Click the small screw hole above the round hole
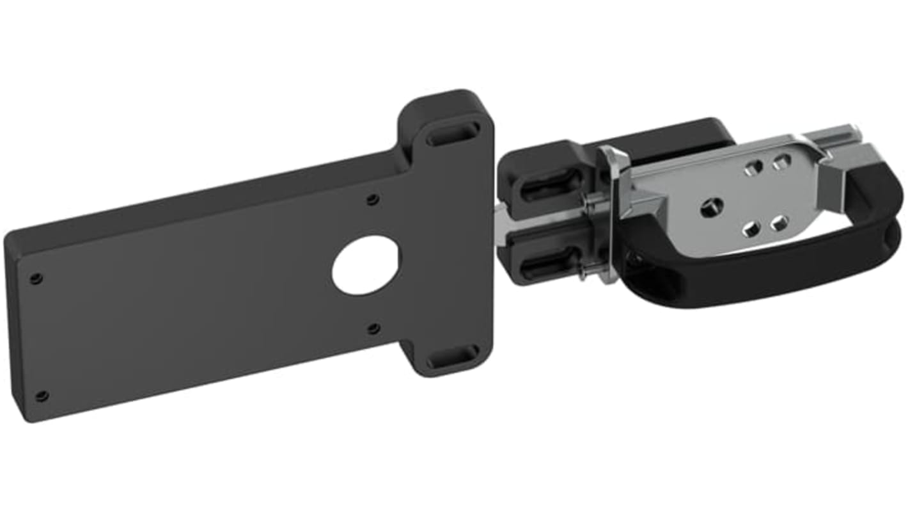pyautogui.click(x=373, y=199)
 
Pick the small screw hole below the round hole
pyautogui.click(x=373, y=328)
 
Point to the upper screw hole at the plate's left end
pyautogui.click(x=36, y=278)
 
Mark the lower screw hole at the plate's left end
pyautogui.click(x=42, y=395)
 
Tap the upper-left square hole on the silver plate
pyautogui.click(x=753, y=167)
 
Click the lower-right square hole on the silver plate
pyautogui.click(x=778, y=223)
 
